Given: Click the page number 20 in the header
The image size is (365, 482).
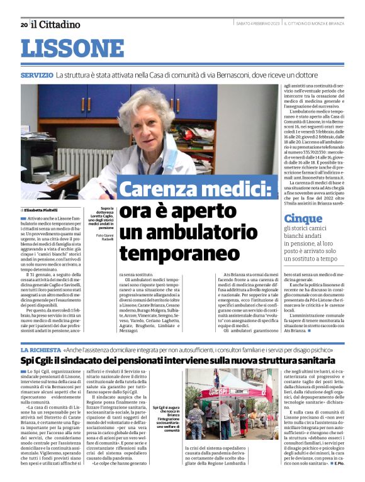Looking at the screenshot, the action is click(x=23, y=25).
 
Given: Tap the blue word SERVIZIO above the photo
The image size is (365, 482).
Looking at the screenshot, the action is click(x=36, y=75).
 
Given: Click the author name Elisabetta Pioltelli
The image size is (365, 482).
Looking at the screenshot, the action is click(x=46, y=209).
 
